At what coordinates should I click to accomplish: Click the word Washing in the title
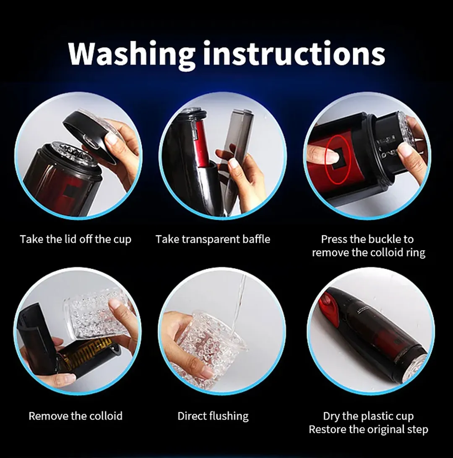click(131, 53)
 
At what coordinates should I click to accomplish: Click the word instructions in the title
click(294, 53)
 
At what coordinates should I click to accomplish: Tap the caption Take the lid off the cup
click(75, 239)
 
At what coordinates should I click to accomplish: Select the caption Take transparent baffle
click(213, 239)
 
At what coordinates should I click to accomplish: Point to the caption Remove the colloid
click(75, 416)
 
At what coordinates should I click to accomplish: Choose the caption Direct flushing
click(213, 416)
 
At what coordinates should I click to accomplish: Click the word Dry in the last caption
click(331, 416)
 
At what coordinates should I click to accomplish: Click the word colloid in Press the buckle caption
click(386, 252)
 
